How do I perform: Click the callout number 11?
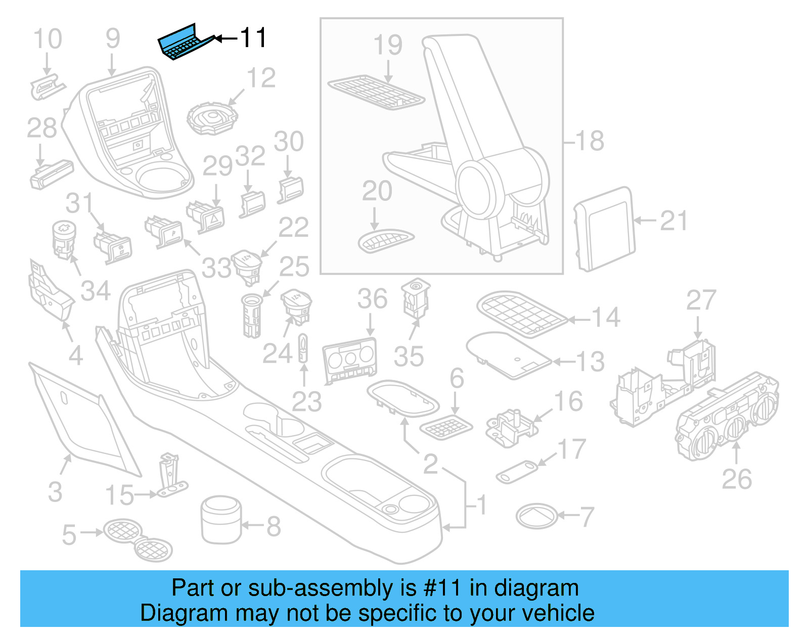point(252,38)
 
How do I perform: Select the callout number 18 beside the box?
point(590,141)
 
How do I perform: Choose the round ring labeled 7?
point(536,516)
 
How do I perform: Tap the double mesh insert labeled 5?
point(138,539)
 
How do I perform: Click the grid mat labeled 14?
point(521,313)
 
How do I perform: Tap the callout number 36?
point(372,299)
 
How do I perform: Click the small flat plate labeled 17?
point(517,471)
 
